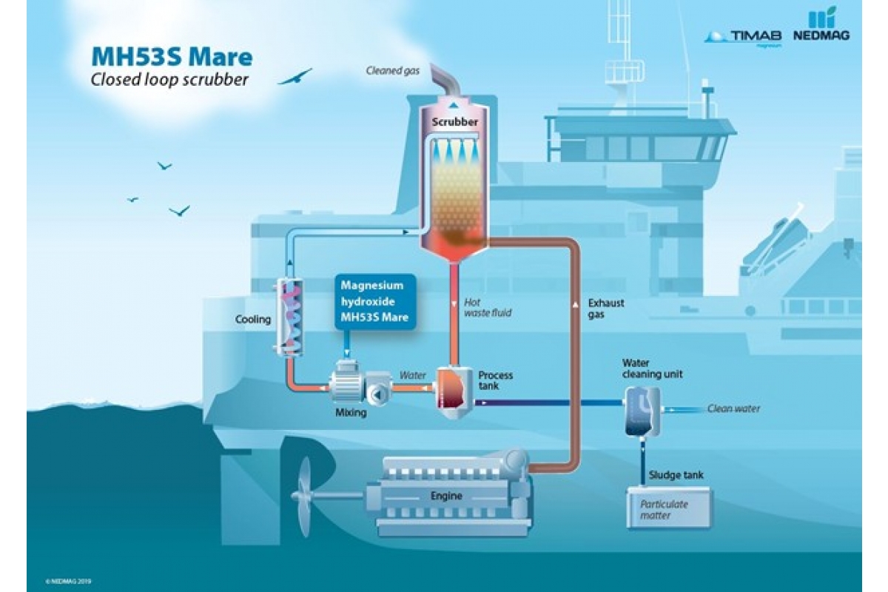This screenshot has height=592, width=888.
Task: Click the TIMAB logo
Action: pyautogui.click(x=743, y=36)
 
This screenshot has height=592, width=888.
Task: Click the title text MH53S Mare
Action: pyautogui.click(x=171, y=58)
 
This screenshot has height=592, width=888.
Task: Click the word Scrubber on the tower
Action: pyautogui.click(x=454, y=121)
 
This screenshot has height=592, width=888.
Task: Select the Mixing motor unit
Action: pyautogui.click(x=351, y=385)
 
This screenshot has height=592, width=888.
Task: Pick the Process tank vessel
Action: pyautogui.click(x=453, y=390)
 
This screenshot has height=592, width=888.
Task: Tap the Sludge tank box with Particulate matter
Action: pyautogui.click(x=669, y=508)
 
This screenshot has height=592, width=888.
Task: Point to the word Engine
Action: pyautogui.click(x=446, y=496)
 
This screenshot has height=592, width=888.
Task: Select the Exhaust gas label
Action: pyautogui.click(x=606, y=309)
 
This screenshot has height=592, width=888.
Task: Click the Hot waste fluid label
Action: pyautogui.click(x=487, y=308)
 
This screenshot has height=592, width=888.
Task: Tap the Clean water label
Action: pyautogui.click(x=733, y=408)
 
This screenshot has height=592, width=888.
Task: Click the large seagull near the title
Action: pyautogui.click(x=295, y=77)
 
